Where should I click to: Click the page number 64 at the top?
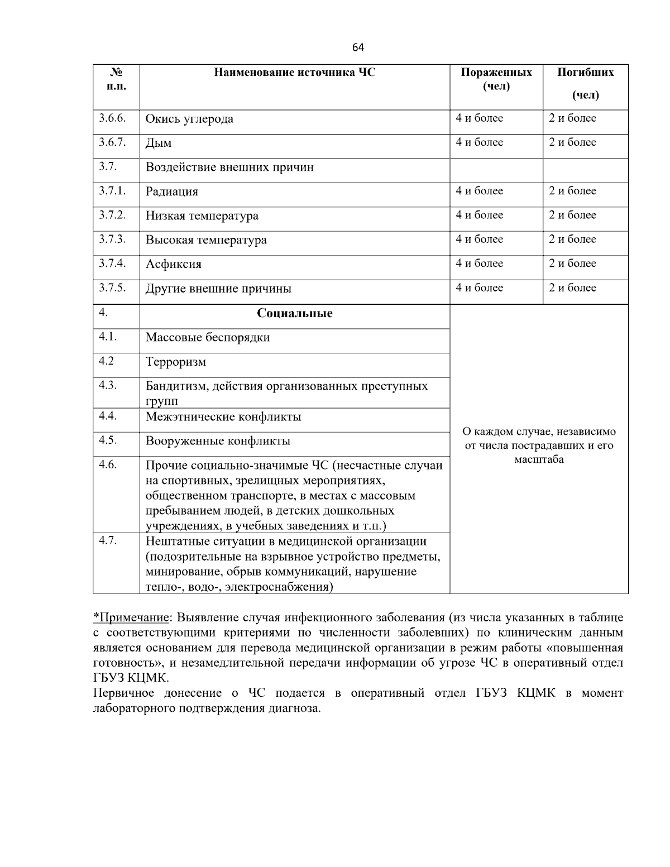pos(358,48)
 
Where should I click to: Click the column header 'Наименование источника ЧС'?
pos(295,73)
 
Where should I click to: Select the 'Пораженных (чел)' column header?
pos(496,79)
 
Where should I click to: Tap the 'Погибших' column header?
pos(585,73)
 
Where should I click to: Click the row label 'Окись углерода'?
pos(189,119)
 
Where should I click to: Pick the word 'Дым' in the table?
pos(159,143)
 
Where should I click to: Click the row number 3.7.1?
pos(112,191)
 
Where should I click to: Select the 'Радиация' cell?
pos(172,192)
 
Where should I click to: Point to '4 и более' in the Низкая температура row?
pos(479,215)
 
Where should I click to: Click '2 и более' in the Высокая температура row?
pos(572,239)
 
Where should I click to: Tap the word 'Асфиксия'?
pos(174,265)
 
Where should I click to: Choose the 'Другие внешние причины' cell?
pos(218,289)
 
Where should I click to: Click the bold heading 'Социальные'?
pos(294,313)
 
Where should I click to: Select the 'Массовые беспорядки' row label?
pos(208,338)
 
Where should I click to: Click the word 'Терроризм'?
pos(176,362)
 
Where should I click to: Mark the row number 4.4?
pos(108,416)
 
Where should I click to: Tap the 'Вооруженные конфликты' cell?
pos(218,441)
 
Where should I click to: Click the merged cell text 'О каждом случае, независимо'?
pos(539,432)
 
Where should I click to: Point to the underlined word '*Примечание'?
pos(131,617)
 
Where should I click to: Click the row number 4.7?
pos(108,540)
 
